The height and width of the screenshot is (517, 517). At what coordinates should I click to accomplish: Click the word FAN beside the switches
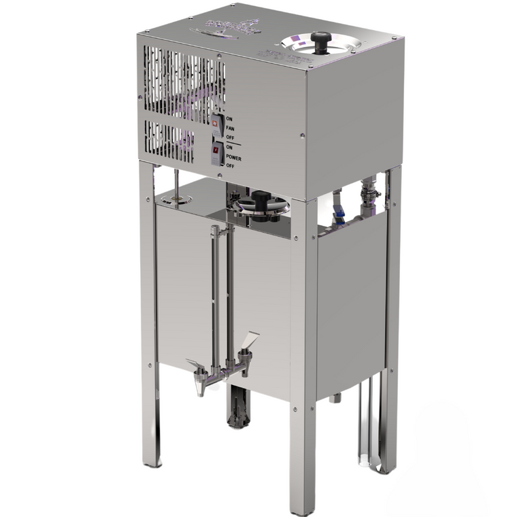click(229, 127)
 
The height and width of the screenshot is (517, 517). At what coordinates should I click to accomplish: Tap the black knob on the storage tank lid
click(261, 200)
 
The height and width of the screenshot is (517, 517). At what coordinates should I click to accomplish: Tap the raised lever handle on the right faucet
click(250, 340)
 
